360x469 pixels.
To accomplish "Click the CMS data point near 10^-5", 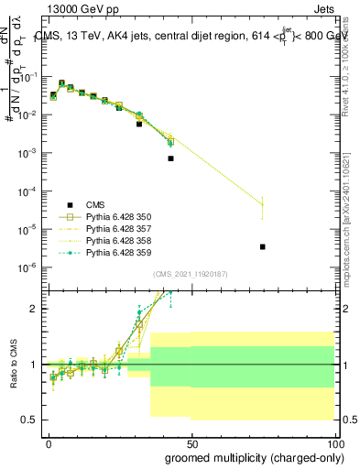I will pos(263,246).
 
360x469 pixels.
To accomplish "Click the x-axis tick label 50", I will pos(191,442).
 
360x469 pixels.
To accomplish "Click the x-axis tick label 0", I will pos(49,442).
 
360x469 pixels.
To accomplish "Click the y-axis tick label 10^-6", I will pos(27,267).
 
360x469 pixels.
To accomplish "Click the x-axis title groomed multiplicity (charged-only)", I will pos(249,456).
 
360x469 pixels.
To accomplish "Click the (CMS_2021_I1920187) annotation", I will pos(189,274).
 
